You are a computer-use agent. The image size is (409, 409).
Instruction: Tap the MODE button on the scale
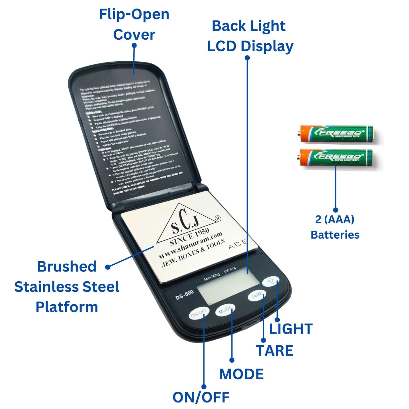(225, 311)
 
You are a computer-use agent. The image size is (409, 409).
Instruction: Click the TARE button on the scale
(257, 296)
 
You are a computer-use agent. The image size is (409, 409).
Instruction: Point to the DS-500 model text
(184, 295)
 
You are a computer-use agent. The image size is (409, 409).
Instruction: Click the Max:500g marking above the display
(212, 277)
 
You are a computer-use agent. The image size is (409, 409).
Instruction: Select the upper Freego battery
(337, 134)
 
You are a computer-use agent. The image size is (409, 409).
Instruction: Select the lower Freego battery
(337, 158)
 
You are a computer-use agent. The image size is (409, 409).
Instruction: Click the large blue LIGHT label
(291, 329)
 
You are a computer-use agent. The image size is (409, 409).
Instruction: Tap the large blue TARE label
(275, 351)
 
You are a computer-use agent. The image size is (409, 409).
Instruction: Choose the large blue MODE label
(241, 374)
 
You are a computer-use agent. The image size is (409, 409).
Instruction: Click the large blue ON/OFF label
(201, 397)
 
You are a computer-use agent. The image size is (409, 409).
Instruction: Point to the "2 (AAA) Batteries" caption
(335, 227)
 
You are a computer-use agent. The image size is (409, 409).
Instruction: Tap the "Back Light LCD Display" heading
(250, 36)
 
